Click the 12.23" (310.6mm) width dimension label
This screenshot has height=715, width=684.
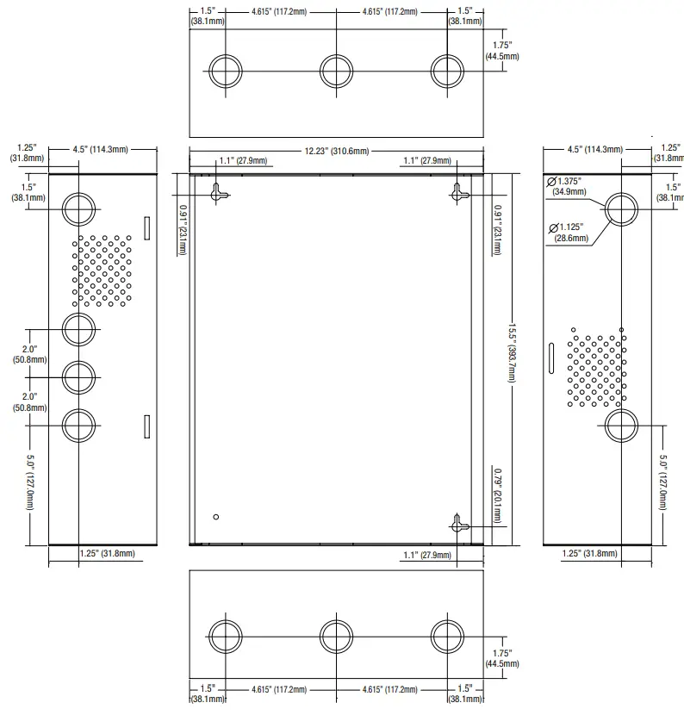coord(337,151)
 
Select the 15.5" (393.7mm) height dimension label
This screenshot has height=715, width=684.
coord(512,353)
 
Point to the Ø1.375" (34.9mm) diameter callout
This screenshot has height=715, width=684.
coord(567,186)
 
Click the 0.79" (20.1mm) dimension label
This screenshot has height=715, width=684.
coord(498,495)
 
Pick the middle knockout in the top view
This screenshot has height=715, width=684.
coord(336,71)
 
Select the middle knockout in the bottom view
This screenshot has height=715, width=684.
coord(336,637)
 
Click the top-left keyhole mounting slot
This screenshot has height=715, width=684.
coord(217,193)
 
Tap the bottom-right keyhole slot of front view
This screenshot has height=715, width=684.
coord(458,525)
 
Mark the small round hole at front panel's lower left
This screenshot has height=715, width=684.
coord(216,517)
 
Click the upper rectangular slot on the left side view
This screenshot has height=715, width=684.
coord(146,228)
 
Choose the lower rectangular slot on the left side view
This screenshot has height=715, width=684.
coord(146,426)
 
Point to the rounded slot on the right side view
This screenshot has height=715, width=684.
coord(551,358)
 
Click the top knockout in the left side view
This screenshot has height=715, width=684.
coord(79,208)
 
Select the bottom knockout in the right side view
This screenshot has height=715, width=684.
coord(621,426)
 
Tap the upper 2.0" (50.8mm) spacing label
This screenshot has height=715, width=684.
coord(29,354)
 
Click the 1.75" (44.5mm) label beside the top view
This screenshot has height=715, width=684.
coord(502,51)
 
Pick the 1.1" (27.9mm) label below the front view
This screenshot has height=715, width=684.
coord(427,555)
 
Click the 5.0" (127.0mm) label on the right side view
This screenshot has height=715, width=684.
coord(662,482)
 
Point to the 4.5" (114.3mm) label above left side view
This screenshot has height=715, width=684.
coord(100,149)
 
